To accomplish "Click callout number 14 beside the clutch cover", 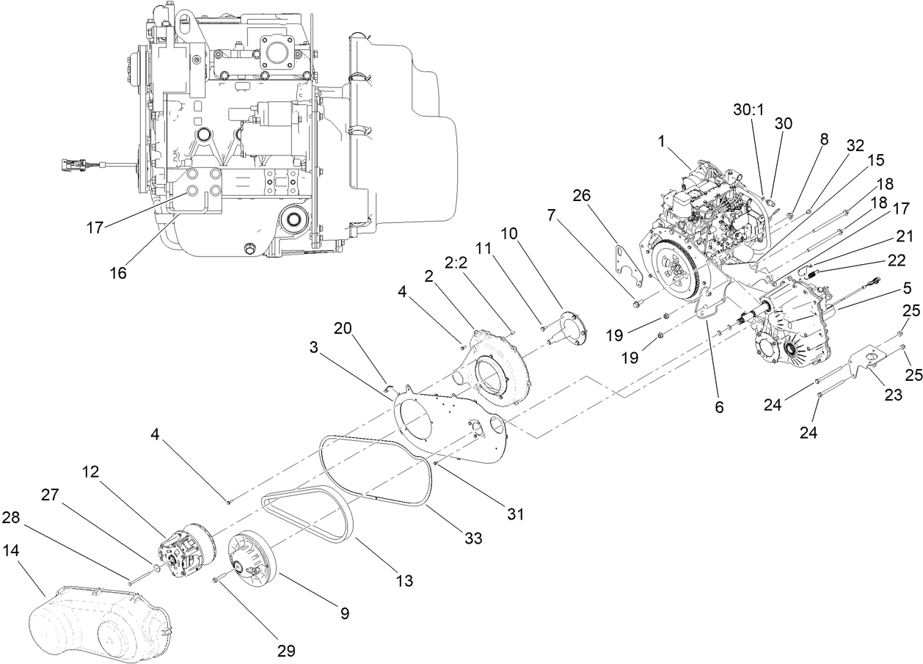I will pyautogui.click(x=21, y=550).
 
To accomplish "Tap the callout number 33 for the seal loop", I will pyautogui.click(x=473, y=539).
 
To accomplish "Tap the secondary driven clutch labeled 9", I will pyautogui.click(x=249, y=561).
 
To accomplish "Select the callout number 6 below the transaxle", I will pyautogui.click(x=718, y=406).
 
